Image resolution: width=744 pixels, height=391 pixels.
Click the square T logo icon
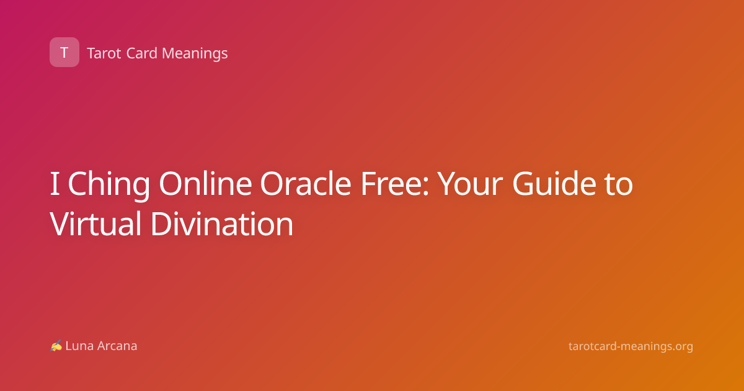click(64, 52)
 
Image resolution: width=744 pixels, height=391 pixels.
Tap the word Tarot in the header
click(104, 53)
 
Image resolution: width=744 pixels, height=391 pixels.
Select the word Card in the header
click(142, 53)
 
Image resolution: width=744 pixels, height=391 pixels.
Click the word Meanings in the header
click(195, 53)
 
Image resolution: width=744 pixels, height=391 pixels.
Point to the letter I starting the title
click(55, 184)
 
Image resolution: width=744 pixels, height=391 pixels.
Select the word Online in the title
click(205, 183)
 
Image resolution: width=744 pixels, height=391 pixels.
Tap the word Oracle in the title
click(306, 183)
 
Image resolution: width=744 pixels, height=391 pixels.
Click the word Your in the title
click(470, 184)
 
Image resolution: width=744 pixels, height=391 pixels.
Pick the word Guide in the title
click(554, 183)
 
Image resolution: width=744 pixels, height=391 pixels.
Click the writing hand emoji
click(56, 346)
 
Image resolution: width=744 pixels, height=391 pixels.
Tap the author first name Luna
click(79, 346)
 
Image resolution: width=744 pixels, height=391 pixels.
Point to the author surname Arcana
click(117, 346)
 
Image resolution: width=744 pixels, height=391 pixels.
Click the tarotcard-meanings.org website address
click(631, 346)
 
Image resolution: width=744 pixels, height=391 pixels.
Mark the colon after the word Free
click(426, 187)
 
